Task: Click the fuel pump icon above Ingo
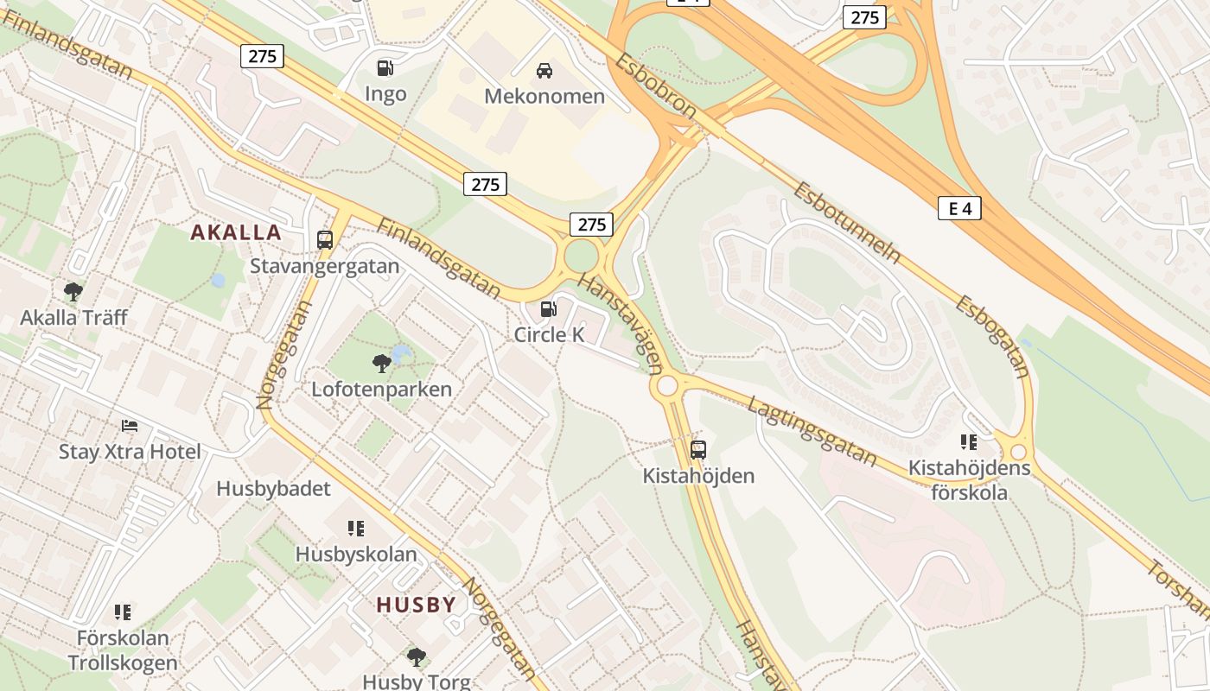[385, 67]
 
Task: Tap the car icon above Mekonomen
[544, 70]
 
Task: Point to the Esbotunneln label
[847, 223]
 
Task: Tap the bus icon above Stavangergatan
[325, 239]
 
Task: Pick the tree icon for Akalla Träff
[73, 292]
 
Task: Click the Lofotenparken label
[381, 389]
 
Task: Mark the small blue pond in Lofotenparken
[401, 353]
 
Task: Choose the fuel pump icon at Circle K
[548, 308]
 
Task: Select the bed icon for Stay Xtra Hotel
[130, 426]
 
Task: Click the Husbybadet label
[273, 489]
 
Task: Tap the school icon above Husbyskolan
[355, 528]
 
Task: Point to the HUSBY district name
[416, 605]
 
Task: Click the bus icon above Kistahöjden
[698, 449]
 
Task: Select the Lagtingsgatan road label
[812, 431]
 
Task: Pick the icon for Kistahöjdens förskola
[969, 442]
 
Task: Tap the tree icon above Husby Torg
[417, 656]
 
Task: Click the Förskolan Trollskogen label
[123, 650]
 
